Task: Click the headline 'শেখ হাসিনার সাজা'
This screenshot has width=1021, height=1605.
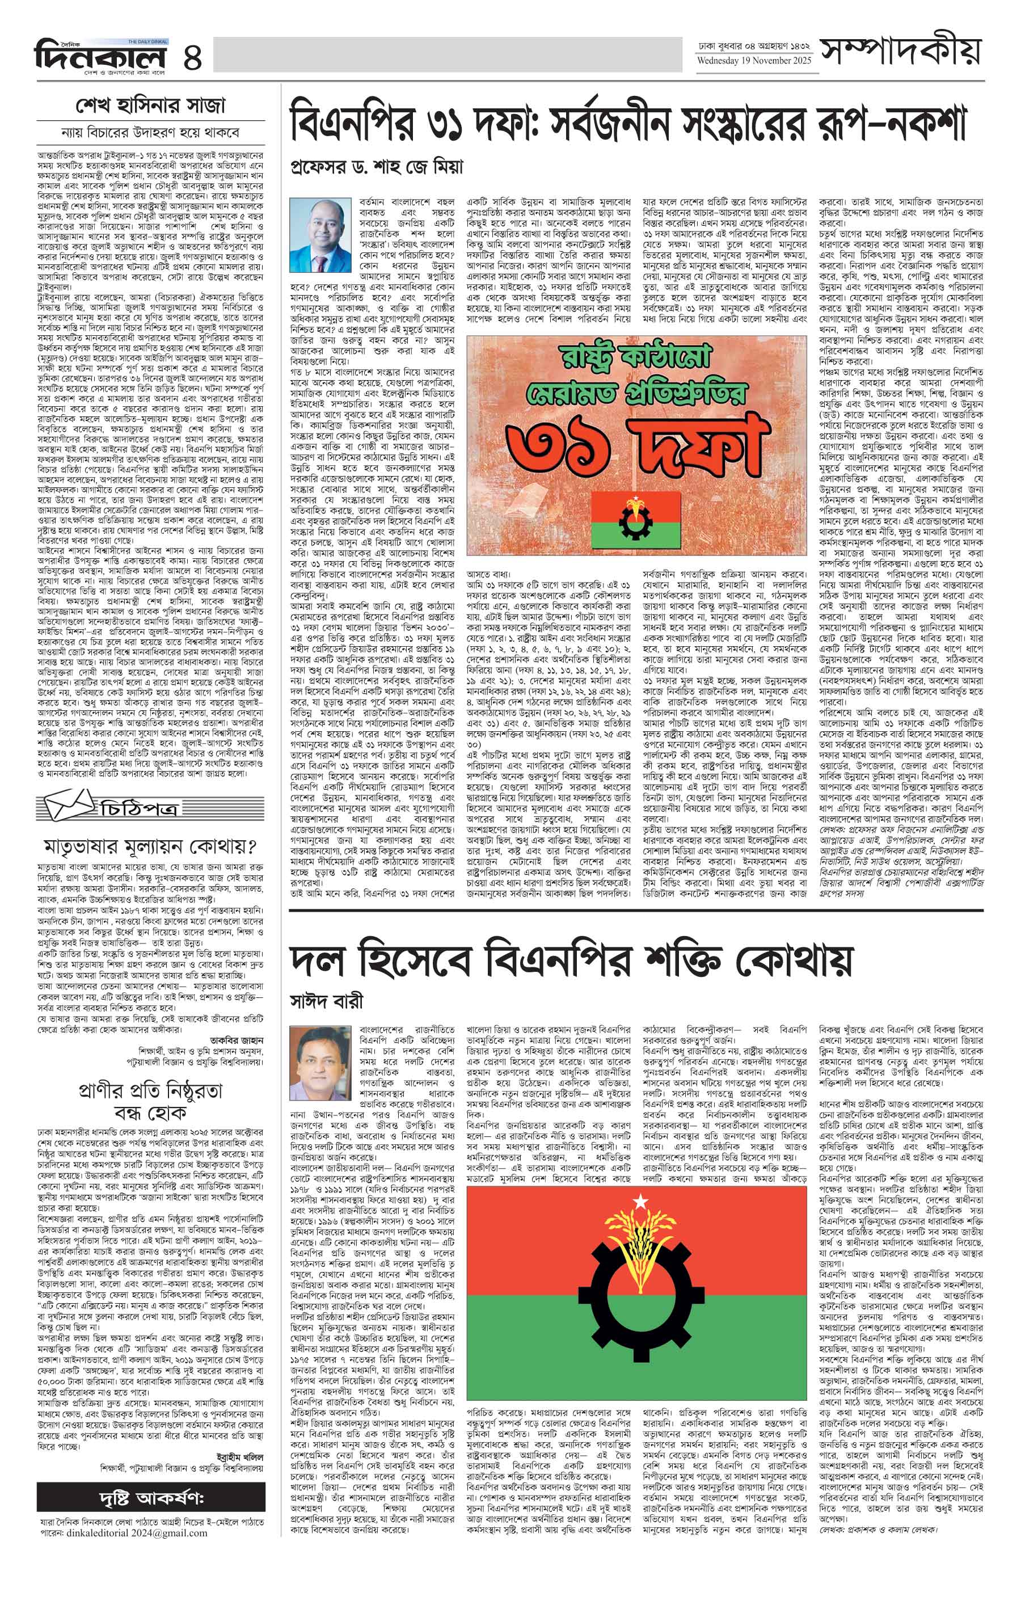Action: point(151,106)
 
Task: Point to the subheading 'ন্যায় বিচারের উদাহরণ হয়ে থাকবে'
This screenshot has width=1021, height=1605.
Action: point(151,130)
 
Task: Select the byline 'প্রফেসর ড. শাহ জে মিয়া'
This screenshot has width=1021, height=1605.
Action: point(377,166)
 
